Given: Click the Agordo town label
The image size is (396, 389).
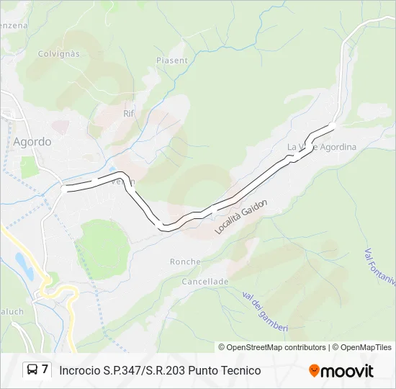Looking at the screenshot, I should click(x=32, y=142).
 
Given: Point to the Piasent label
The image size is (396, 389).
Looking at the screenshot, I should click(x=172, y=61).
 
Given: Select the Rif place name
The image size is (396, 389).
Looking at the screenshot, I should click(x=129, y=114).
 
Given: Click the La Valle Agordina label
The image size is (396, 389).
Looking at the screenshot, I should click(x=322, y=147).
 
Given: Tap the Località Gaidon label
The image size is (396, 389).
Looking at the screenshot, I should click(x=241, y=217).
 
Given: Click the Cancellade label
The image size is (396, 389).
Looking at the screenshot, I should click(x=205, y=281).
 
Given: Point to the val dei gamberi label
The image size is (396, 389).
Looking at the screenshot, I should click(x=265, y=310).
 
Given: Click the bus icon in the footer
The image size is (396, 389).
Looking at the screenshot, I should click(x=33, y=370).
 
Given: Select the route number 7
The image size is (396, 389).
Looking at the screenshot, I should click(x=45, y=370).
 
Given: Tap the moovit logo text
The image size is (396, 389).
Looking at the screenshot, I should click(x=348, y=371).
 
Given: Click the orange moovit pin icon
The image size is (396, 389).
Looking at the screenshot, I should click(x=314, y=371).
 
